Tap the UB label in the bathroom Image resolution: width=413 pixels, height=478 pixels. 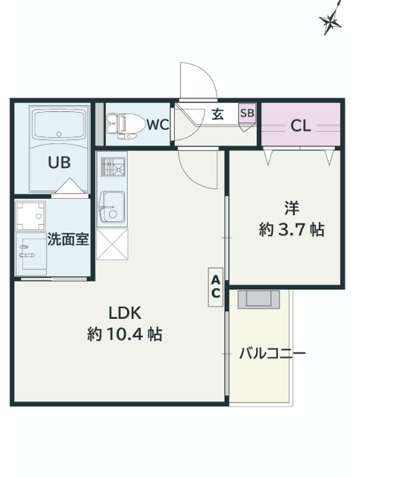60,163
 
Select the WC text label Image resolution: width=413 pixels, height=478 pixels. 158,125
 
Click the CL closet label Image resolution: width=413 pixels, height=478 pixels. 300,125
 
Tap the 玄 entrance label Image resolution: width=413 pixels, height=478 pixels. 217,114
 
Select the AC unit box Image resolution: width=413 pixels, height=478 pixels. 216,287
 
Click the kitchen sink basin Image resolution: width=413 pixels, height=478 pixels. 112,207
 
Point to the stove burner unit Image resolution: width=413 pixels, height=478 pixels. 113,167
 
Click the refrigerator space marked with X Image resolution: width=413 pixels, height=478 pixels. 112,244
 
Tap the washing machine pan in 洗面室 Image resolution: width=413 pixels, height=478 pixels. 31,216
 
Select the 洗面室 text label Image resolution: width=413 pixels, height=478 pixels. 68,239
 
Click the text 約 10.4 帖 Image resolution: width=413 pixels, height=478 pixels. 125,335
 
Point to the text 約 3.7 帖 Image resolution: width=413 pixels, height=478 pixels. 291,229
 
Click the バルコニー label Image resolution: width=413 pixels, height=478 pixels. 272,353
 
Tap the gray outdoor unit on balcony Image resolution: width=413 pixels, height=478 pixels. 258,299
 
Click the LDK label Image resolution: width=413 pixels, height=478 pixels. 125,313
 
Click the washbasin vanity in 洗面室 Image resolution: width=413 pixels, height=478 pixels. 31,254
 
